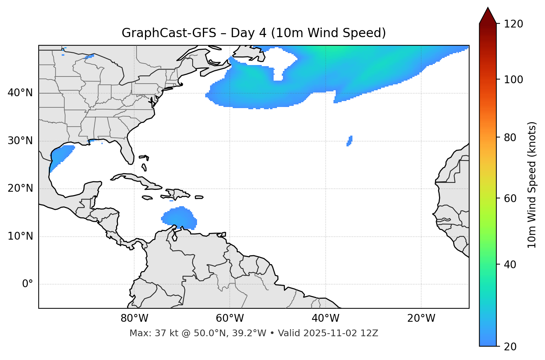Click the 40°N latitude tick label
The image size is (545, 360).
(20, 93)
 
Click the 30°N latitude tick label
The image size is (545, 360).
(20, 141)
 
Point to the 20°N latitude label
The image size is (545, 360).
(20, 188)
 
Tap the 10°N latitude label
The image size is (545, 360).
(20, 236)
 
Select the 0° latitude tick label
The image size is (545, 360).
(28, 284)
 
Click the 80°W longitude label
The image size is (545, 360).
(134, 318)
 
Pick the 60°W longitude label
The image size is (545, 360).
(230, 318)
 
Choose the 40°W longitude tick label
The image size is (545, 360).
(325, 318)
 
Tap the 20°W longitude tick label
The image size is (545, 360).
(421, 318)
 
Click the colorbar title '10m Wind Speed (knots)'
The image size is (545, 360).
(532, 185)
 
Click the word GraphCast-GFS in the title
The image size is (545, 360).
(169, 33)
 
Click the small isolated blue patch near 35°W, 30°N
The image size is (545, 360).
(349, 141)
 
